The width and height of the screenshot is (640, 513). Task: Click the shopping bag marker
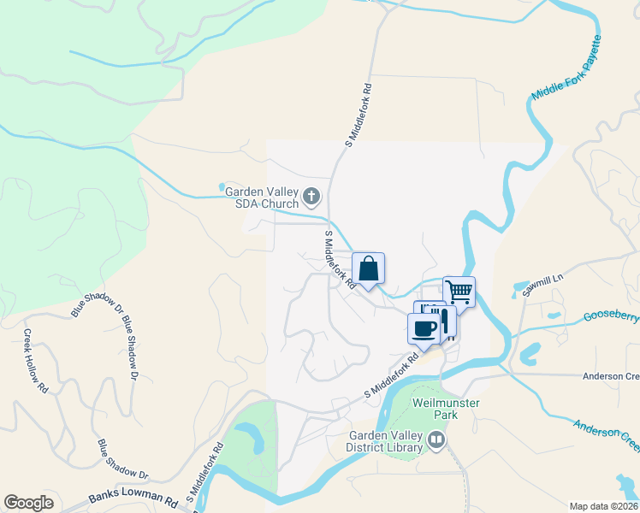click(x=368, y=269)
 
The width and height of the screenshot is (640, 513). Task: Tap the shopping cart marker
click(x=459, y=292)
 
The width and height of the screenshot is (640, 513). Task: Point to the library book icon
click(x=436, y=440)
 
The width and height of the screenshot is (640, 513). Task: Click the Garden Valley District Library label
click(x=385, y=440)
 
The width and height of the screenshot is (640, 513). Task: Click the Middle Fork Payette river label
click(x=567, y=69)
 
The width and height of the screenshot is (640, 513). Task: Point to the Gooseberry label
click(x=611, y=316)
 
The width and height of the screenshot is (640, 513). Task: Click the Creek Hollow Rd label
click(x=35, y=361)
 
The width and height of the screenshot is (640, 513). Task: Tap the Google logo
click(x=28, y=503)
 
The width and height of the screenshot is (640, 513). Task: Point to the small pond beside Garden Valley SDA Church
click(x=222, y=186)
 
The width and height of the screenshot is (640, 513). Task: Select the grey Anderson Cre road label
click(x=610, y=376)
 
